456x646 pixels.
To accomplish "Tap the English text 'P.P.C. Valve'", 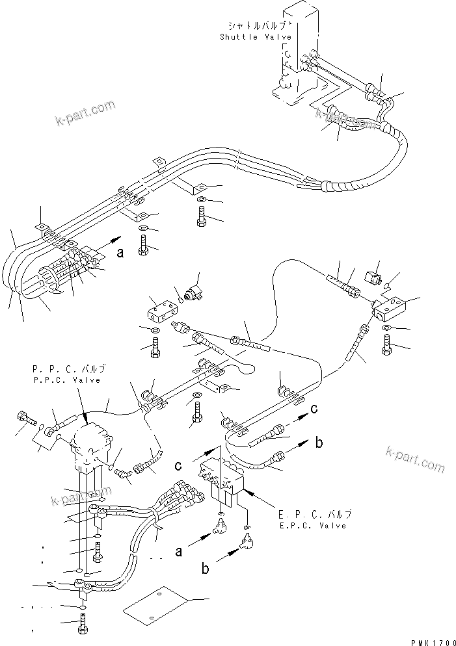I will point(66,380).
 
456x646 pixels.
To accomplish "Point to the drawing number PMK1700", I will point(430,640).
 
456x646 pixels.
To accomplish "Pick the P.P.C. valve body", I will point(90,443).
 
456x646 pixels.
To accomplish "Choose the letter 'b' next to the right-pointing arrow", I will point(319,443).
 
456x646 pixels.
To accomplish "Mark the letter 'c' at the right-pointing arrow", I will point(314,409).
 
